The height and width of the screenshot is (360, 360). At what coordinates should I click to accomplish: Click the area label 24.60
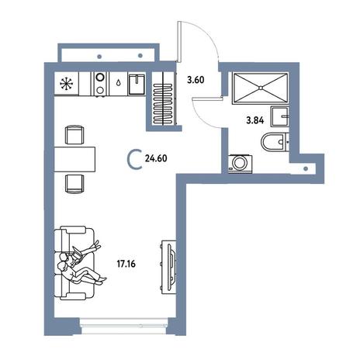[x=156, y=158]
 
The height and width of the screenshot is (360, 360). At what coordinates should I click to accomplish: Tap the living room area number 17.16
[x=126, y=264]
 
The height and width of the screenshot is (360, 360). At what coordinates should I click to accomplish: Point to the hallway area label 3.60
[x=196, y=80]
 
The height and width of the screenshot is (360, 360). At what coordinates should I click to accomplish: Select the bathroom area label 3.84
[x=255, y=120]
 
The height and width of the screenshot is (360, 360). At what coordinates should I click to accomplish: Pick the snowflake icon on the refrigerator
[x=67, y=84]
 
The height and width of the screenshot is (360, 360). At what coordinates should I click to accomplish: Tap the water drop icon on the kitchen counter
[x=118, y=83]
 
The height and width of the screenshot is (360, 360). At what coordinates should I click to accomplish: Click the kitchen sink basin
[x=137, y=84]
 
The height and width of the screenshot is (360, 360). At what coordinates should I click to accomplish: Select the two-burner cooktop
[x=100, y=84]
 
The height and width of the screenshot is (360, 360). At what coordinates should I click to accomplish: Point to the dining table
[x=74, y=159]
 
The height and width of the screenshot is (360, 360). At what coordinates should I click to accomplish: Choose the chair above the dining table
[x=74, y=134]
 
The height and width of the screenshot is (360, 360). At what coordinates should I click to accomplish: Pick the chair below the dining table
[x=74, y=184]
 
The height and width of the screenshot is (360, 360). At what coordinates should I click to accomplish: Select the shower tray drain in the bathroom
[x=261, y=88]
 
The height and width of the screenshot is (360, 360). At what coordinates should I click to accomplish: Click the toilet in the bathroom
[x=275, y=142]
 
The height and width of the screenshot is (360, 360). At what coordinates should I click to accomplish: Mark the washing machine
[x=241, y=164]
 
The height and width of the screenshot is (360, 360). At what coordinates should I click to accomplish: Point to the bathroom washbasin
[x=280, y=116]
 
